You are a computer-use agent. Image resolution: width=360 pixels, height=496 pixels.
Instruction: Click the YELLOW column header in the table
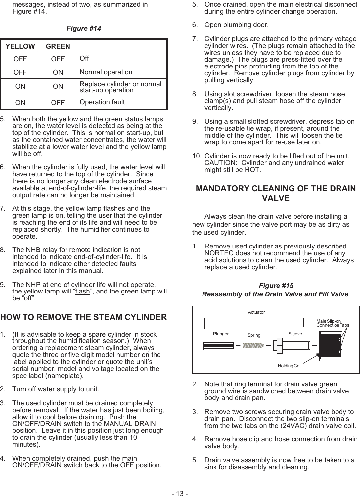point(20,46)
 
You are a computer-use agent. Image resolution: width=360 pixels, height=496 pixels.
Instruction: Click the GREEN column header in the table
point(58,46)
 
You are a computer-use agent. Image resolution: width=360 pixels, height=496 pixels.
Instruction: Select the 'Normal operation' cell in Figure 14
point(106,72)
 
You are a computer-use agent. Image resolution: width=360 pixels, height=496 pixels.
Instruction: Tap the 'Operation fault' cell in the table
point(102,102)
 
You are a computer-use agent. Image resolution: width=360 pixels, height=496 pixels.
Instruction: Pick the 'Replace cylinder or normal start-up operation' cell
point(120,87)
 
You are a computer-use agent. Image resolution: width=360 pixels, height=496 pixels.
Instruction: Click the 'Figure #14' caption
point(84,28)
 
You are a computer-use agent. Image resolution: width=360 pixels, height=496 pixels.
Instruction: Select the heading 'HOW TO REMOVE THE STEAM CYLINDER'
point(84,317)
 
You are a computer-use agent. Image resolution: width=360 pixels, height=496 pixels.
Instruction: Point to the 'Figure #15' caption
point(276,286)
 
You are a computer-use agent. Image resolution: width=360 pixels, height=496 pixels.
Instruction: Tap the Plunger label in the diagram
point(221,334)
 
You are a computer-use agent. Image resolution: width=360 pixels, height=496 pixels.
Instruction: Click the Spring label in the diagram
point(254,335)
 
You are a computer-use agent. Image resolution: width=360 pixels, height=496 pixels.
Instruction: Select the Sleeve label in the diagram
point(295,334)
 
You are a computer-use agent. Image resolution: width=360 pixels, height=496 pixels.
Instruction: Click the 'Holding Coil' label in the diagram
point(290,366)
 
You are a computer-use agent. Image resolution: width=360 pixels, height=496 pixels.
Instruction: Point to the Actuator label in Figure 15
point(256,312)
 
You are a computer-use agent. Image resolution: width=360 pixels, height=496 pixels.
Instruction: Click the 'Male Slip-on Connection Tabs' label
point(332,323)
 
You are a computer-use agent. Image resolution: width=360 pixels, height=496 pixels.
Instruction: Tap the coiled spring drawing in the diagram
point(252,345)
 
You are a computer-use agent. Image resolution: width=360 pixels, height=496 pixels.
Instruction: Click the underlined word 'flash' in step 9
point(82,292)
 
